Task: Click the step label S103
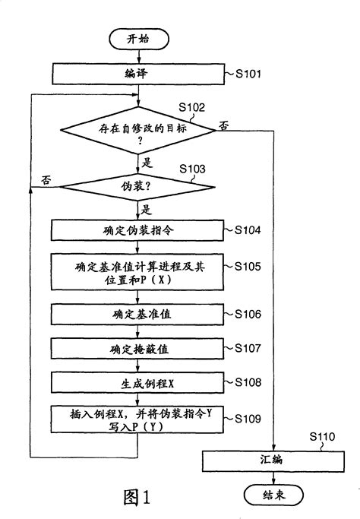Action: tap(191, 168)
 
